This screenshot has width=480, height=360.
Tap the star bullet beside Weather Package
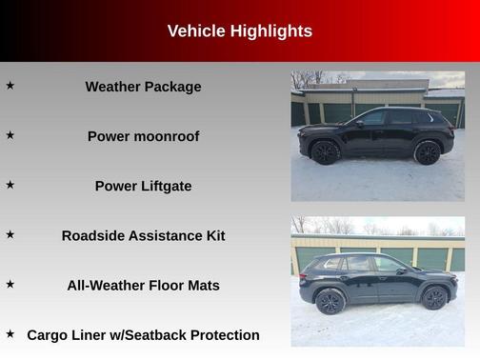[x=10, y=86]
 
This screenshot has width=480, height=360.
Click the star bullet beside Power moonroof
[x=10, y=135]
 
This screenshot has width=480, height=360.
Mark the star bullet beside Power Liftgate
[x=10, y=185]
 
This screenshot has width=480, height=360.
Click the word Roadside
[x=92, y=235]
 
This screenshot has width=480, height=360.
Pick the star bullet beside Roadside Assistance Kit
[x=10, y=234]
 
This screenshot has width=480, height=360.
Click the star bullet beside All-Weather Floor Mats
[x=10, y=284]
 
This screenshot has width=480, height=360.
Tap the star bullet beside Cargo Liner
[x=10, y=333]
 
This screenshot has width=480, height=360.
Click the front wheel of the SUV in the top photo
[x=325, y=152]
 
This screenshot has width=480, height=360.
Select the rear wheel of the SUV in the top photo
[x=428, y=152]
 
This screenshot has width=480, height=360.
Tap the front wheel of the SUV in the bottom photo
[x=434, y=298]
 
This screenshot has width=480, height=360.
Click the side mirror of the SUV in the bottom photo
[x=403, y=270]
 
